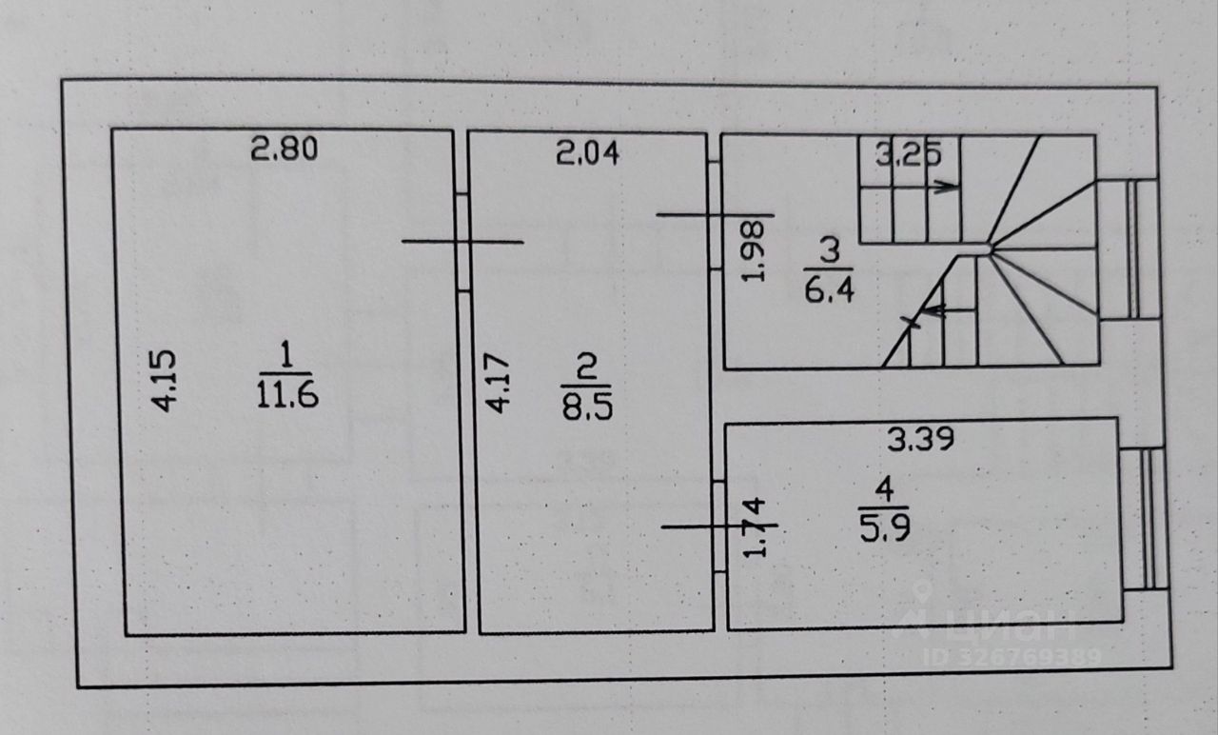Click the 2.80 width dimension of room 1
pyautogui.click(x=283, y=149)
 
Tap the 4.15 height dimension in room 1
pyautogui.click(x=166, y=381)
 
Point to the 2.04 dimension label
pyautogui.click(x=588, y=152)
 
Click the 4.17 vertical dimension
pyautogui.click(x=497, y=383)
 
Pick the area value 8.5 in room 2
pyautogui.click(x=587, y=407)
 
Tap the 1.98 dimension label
pyautogui.click(x=753, y=251)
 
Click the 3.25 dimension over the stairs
pyautogui.click(x=908, y=153)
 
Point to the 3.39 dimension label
pyautogui.click(x=919, y=440)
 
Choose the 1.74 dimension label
pyautogui.click(x=752, y=529)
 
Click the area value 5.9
pyautogui.click(x=885, y=527)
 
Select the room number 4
pyautogui.click(x=884, y=492)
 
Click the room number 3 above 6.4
pyautogui.click(x=830, y=251)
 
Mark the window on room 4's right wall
pyautogui.click(x=1142, y=519)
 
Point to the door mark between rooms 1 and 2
pyautogui.click(x=462, y=242)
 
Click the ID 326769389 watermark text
pyautogui.click(x=1012, y=656)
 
